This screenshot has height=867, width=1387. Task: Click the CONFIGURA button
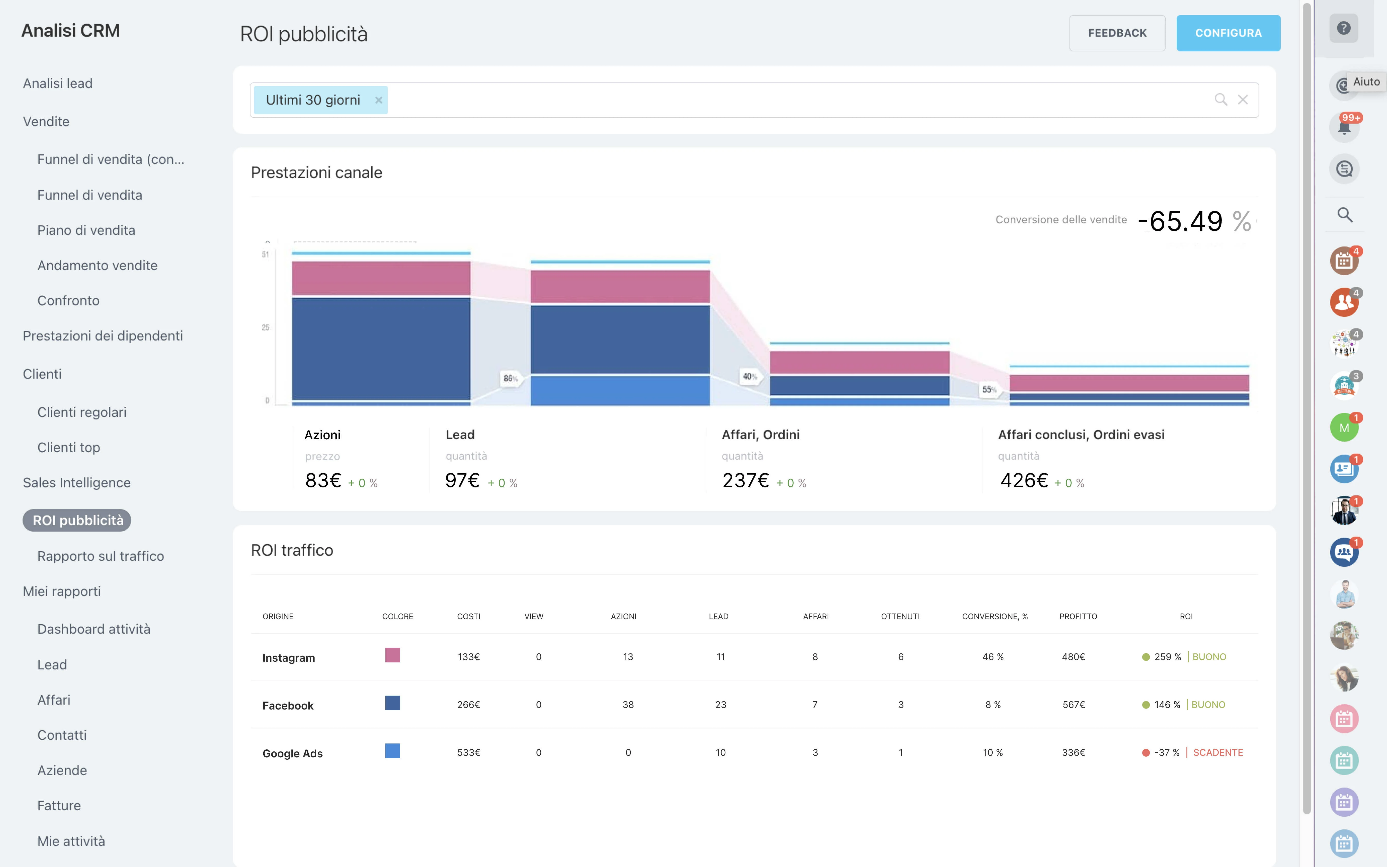tap(1228, 33)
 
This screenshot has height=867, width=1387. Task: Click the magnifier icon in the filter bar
tap(1221, 100)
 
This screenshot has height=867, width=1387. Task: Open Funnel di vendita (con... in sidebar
tap(111, 159)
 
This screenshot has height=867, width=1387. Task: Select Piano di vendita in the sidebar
tap(86, 230)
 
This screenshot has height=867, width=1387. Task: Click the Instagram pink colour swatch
tap(392, 655)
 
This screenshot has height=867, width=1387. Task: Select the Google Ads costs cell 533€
tap(469, 752)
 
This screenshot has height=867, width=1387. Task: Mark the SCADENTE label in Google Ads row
tap(1218, 752)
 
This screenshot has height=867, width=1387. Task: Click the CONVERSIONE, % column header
tap(995, 616)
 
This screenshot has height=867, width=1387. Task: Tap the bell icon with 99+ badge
tap(1344, 127)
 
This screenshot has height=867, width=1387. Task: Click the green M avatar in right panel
tap(1344, 428)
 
